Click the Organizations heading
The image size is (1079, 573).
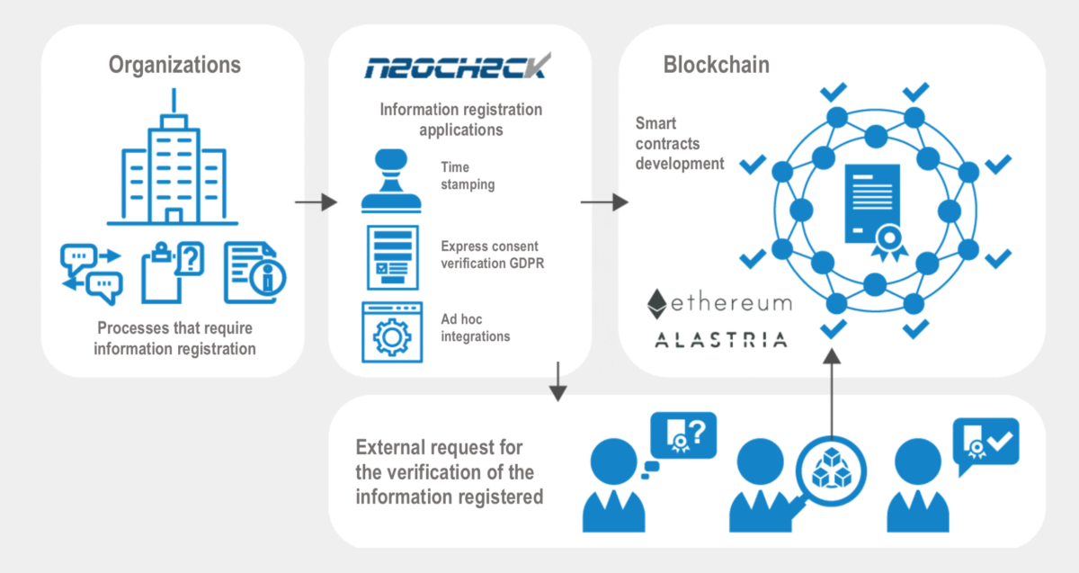[174, 65]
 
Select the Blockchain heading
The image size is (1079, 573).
[716, 65]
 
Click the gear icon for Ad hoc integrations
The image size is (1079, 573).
[389, 332]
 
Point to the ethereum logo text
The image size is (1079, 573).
[719, 303]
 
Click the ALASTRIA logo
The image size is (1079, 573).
[719, 339]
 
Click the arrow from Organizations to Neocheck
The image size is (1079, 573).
[316, 203]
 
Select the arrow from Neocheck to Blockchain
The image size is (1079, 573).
[603, 203]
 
